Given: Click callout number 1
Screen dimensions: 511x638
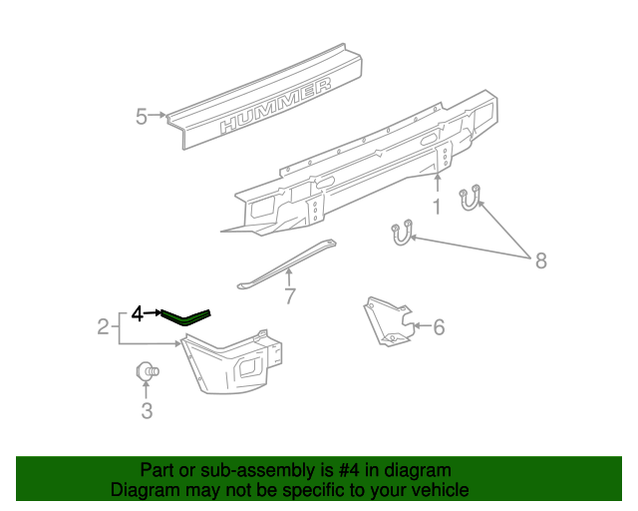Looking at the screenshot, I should [x=436, y=208].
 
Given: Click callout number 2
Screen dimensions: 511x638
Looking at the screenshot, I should [x=103, y=325].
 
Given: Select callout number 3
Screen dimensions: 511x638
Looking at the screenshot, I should [x=147, y=411].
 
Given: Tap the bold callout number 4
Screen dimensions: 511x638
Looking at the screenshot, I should [x=138, y=314].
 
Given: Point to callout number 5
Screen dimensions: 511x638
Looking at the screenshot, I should [x=142, y=118].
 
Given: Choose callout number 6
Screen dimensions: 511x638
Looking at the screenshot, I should [x=438, y=325].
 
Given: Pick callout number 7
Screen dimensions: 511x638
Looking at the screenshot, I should [x=290, y=295].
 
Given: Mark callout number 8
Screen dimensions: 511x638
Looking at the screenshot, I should [x=541, y=260].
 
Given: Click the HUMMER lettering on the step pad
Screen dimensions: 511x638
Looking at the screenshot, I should [x=276, y=107].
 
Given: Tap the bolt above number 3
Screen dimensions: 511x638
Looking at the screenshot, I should [x=146, y=372].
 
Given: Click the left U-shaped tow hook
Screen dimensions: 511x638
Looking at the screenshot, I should [x=401, y=233].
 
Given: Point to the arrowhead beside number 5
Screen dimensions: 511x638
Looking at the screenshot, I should [x=163, y=117].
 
